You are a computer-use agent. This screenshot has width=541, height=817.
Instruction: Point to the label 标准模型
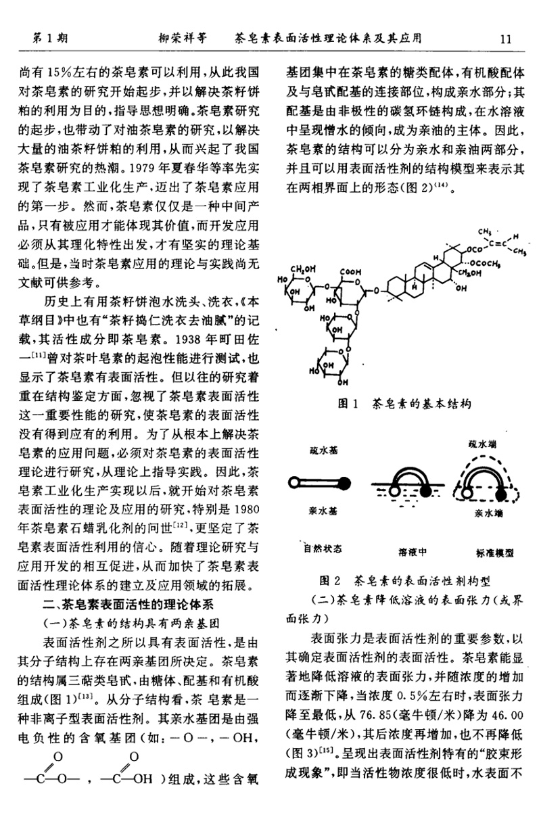485,552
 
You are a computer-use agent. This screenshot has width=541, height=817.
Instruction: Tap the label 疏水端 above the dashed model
481,444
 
